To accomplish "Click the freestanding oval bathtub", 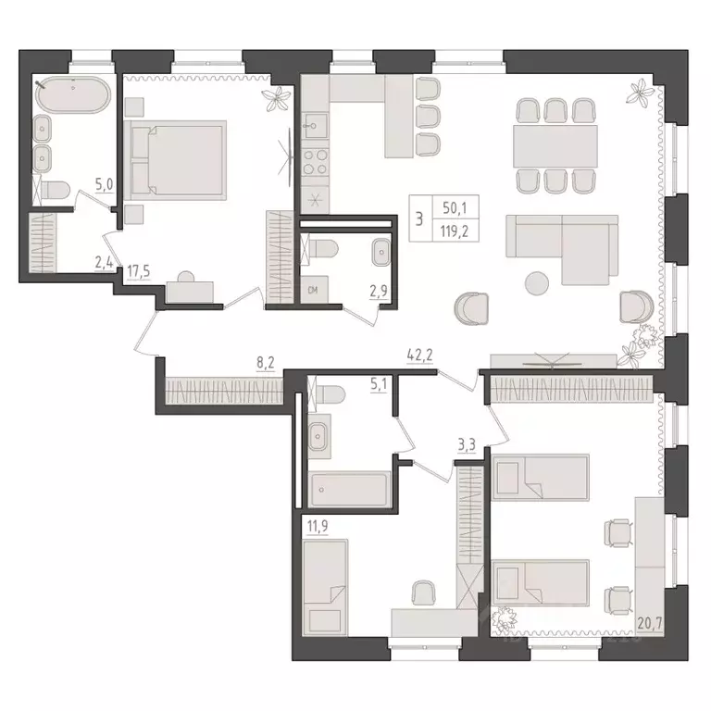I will [x=72, y=95].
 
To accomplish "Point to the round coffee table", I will [x=536, y=282].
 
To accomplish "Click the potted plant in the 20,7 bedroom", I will [x=506, y=617].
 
